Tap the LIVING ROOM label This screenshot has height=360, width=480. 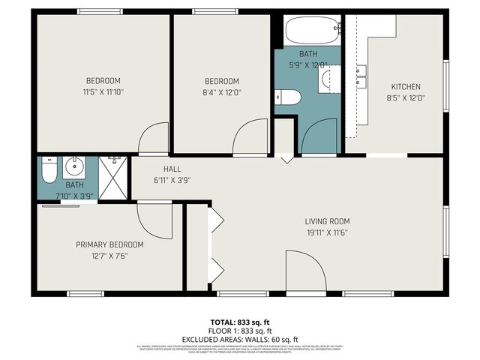click(327, 221)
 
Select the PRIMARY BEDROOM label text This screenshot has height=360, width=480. click(109, 244)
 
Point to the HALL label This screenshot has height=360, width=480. click(172, 169)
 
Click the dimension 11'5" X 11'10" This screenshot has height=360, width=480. click(103, 91)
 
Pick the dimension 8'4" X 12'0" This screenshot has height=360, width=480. click(221, 92)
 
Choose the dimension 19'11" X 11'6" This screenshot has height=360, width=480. click(327, 232)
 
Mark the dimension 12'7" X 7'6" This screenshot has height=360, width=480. click(109, 256)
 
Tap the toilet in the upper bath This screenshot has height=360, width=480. click(287, 97)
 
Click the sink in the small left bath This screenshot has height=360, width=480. click(74, 166)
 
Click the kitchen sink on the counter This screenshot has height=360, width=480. click(361, 71)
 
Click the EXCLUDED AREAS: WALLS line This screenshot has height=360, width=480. click(240, 338)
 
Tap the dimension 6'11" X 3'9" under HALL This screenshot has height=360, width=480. click(172, 180)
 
